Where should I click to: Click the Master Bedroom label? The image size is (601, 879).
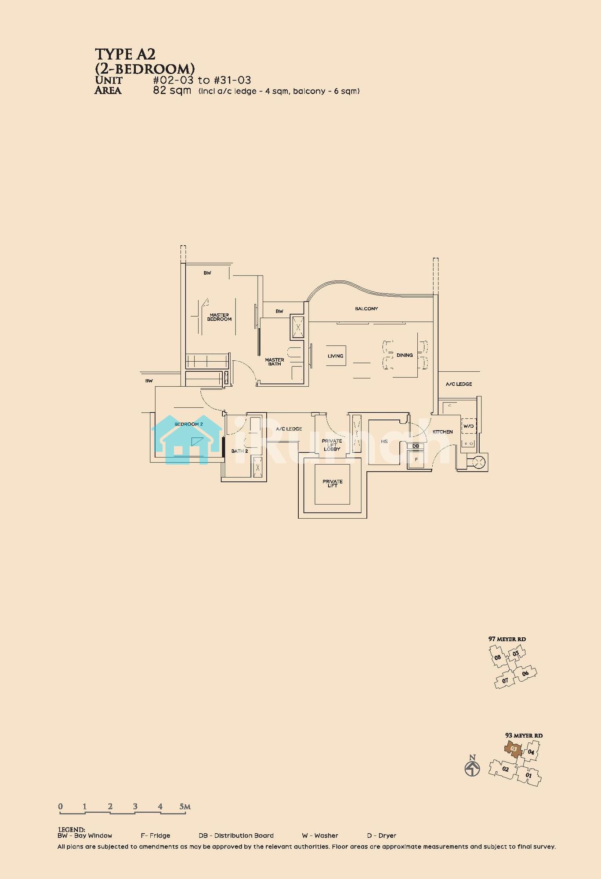(219, 317)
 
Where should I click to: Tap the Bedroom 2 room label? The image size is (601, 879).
(188, 424)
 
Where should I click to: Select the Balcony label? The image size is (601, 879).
(366, 309)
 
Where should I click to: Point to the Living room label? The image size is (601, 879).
(335, 356)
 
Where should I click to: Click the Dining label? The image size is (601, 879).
(405, 355)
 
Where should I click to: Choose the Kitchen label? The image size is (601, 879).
(442, 432)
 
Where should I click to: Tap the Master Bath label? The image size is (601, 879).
(275, 362)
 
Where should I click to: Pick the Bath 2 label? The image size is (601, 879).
(240, 451)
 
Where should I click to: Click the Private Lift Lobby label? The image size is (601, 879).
(332, 445)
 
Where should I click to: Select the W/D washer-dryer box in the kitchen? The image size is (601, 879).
(468, 426)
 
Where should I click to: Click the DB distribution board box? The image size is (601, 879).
(416, 446)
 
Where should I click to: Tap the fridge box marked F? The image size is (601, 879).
(416, 460)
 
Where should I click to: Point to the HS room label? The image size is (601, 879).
(384, 441)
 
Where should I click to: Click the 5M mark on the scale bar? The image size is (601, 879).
(185, 806)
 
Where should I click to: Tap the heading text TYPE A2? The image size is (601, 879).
(125, 54)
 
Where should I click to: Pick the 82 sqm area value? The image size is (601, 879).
(172, 91)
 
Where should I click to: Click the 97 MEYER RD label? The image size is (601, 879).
(507, 639)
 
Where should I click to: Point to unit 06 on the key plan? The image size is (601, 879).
(525, 673)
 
